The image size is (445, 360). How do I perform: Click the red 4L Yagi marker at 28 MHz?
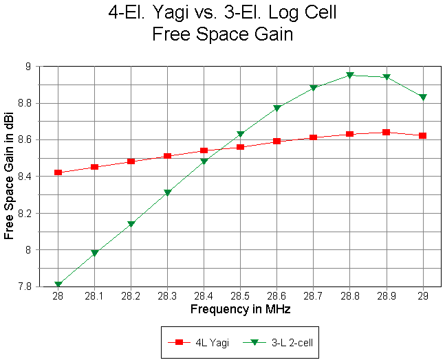coord(58,172)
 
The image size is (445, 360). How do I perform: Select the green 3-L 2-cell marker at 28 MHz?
coord(58,284)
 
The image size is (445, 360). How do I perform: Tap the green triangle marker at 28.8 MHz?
coord(349,76)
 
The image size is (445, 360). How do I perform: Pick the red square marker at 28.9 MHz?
coord(386,132)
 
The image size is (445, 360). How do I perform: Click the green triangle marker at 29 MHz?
coord(422,98)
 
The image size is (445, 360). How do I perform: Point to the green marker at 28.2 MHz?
coord(131,225)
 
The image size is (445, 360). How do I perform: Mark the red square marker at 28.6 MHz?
coord(276,141)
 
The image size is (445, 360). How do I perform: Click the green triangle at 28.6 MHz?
coord(276,109)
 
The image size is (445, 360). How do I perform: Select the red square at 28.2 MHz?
coord(131,161)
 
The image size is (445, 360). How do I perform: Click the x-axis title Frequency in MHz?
coord(240,310)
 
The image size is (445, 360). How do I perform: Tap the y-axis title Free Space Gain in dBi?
coord(9,177)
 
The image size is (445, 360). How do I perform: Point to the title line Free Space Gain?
coord(222,34)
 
